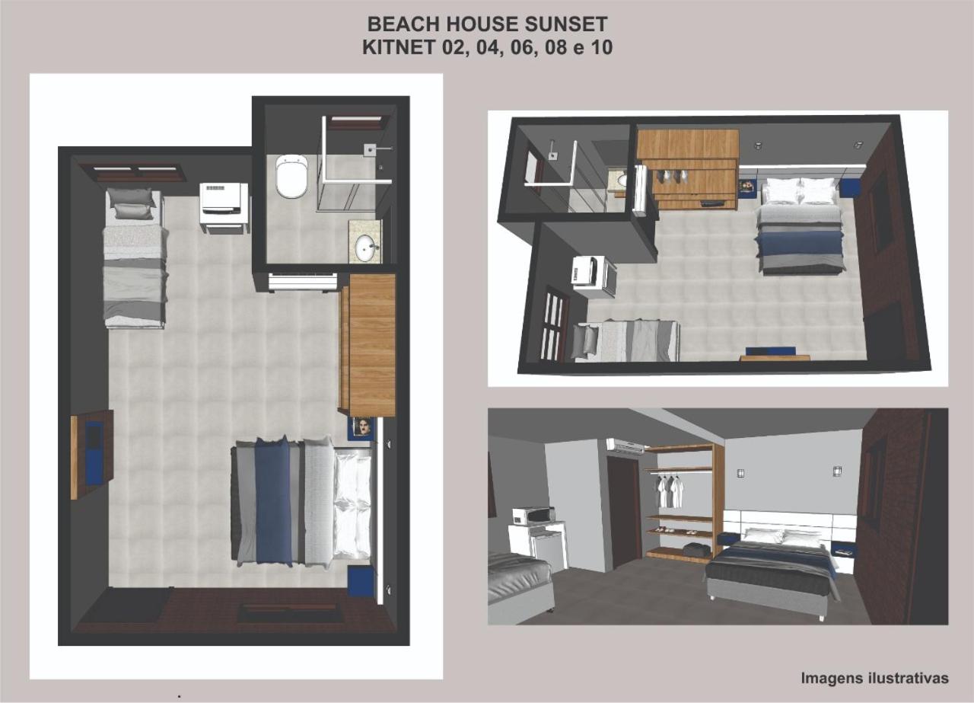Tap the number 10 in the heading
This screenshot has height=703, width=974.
tap(601, 47)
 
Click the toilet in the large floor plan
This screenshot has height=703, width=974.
tap(291, 176)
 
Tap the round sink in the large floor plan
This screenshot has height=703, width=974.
tap(367, 248)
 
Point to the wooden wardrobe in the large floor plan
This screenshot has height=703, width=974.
tap(368, 345)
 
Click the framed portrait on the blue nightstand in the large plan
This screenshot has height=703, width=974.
tap(362, 427)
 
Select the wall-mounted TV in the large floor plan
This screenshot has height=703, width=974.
tap(93, 454)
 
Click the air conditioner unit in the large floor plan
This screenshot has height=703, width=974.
tap(303, 282)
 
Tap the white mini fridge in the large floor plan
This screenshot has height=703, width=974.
tap(224, 208)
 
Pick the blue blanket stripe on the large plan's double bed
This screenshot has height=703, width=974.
tap(273, 502)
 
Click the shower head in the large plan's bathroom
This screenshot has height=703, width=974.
tap(370, 149)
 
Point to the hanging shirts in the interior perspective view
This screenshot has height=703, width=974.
tap(669, 491)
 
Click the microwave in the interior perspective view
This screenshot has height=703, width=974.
tap(534, 516)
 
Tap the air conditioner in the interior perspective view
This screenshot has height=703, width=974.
tap(626, 446)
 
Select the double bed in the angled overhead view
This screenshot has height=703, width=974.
tap(800, 225)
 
